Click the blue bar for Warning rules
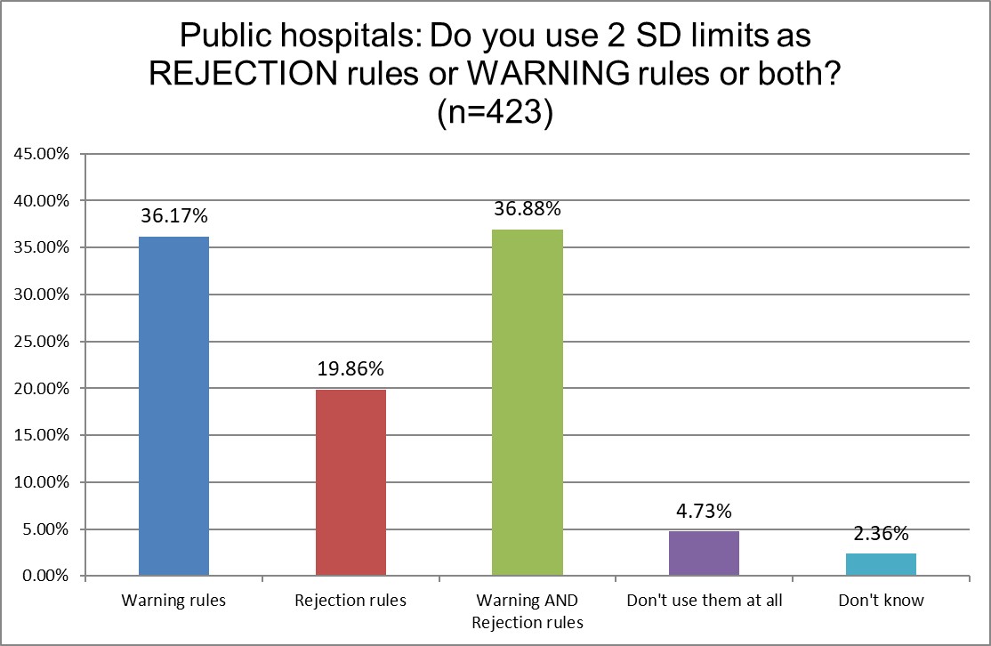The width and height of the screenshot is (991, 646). (x=173, y=407)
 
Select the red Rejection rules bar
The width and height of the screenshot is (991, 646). (x=350, y=483)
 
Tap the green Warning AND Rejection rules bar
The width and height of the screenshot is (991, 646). (x=528, y=403)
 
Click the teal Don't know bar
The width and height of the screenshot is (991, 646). (x=881, y=565)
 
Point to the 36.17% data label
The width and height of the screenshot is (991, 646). (x=173, y=216)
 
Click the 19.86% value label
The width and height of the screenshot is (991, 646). (x=350, y=369)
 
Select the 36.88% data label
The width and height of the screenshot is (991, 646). (x=528, y=209)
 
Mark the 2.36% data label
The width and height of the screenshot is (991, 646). (x=881, y=534)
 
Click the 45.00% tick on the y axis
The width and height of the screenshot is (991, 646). (x=43, y=154)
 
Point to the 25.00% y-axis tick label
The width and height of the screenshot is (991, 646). (x=43, y=342)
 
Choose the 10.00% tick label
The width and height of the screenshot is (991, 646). (x=43, y=482)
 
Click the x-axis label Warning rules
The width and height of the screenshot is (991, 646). (x=173, y=601)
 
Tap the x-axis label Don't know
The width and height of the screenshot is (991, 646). (x=881, y=601)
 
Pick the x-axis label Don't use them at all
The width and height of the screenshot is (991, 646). (x=704, y=601)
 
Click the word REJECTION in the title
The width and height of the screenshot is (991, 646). (x=239, y=76)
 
